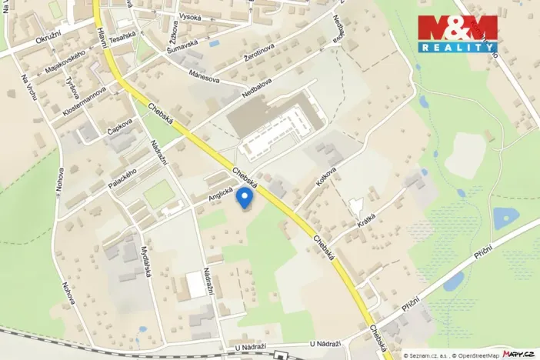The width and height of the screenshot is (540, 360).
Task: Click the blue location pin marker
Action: [246, 198]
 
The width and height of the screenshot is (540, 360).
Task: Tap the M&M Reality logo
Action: [457, 33]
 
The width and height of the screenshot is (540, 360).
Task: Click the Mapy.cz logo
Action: [518, 353]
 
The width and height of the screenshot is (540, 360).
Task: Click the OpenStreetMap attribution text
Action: [474, 355]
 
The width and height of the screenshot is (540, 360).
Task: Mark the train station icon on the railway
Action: [285, 355]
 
